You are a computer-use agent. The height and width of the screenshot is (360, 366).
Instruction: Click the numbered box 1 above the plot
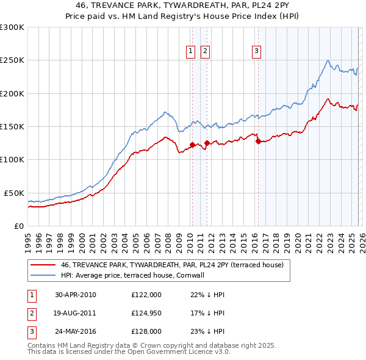click(x=192, y=51)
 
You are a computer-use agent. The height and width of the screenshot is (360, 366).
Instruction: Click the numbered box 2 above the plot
click(x=205, y=51)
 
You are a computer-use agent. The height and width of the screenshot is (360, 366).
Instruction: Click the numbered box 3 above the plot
click(x=257, y=51)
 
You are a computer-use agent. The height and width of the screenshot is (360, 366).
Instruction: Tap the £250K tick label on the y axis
click(x=12, y=60)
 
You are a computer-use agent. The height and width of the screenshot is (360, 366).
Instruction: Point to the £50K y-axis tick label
click(x=15, y=193)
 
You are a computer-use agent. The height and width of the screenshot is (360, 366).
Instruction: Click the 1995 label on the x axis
click(x=28, y=240)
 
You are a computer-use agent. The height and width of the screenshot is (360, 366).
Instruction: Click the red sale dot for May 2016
click(x=258, y=141)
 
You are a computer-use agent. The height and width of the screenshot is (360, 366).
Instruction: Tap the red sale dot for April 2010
click(x=192, y=145)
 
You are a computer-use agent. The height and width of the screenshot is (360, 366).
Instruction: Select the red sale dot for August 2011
click(x=207, y=143)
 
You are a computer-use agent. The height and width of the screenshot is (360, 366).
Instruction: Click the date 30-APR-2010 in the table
click(x=75, y=295)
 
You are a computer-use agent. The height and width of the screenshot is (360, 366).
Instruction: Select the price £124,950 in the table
click(x=146, y=314)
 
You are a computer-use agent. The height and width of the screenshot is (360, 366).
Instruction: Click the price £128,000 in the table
click(x=146, y=333)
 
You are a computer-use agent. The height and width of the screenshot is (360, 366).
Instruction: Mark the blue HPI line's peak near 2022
click(x=328, y=60)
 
